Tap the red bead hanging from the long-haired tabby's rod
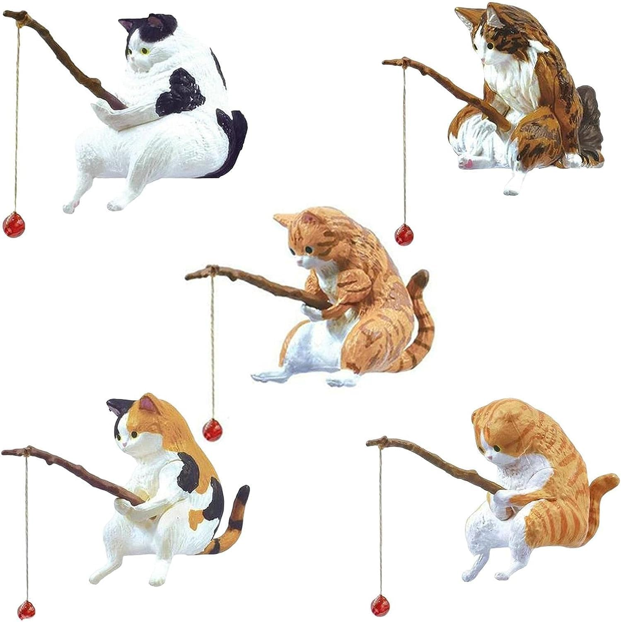(401, 235)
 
